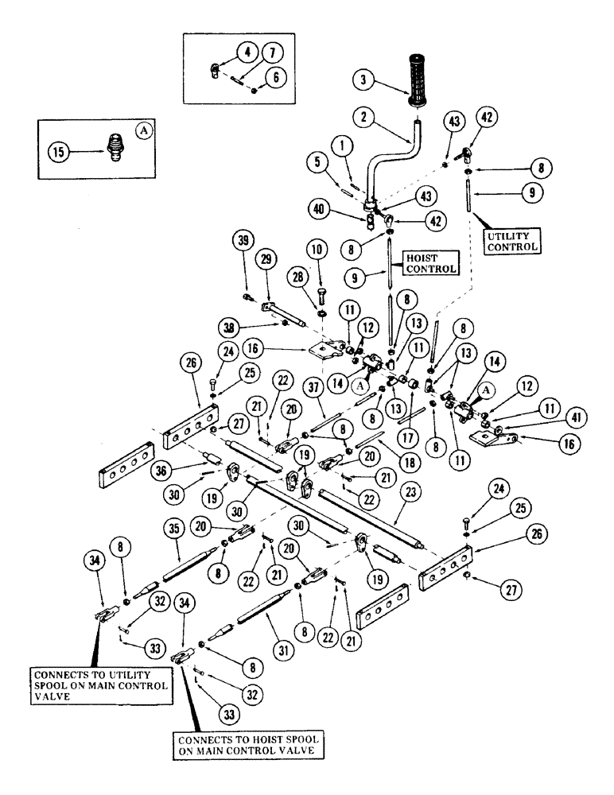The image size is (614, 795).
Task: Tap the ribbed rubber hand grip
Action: coord(420,79)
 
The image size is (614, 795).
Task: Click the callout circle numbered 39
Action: coord(239,242)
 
